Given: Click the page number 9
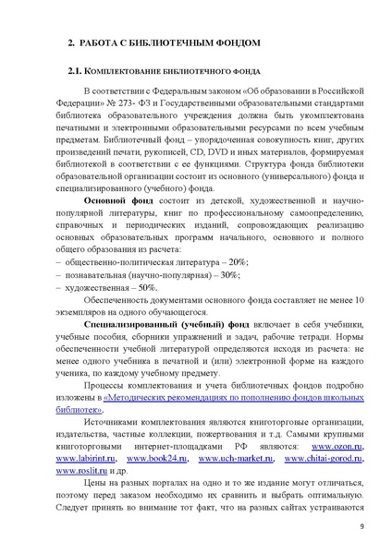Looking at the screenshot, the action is [x=361, y=527].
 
